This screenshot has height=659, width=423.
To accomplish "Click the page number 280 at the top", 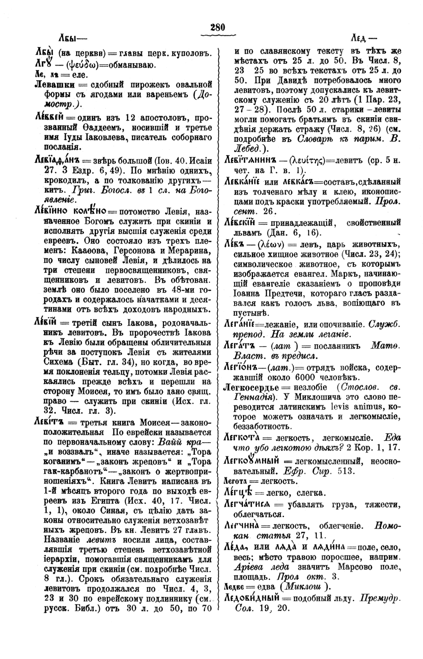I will click(x=217, y=27).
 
